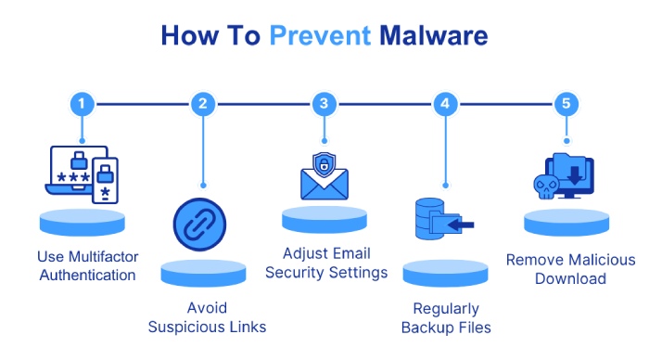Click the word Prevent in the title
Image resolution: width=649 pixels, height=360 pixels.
pyautogui.click(x=320, y=35)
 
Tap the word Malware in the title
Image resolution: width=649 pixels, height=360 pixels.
pyautogui.click(x=434, y=35)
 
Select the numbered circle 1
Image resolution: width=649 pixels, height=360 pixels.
pyautogui.click(x=82, y=104)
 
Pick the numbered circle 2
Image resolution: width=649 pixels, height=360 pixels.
pyautogui.click(x=203, y=104)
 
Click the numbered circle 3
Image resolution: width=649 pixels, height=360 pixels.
pyautogui.click(x=324, y=104)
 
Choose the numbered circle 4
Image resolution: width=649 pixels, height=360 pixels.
pyautogui.click(x=445, y=104)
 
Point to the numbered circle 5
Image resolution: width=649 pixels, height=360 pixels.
pyautogui.click(x=566, y=104)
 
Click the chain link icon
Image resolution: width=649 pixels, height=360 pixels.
pyautogui.click(x=199, y=225)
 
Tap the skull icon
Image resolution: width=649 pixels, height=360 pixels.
pyautogui.click(x=546, y=186)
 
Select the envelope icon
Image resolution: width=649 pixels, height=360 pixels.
pyautogui.click(x=324, y=184)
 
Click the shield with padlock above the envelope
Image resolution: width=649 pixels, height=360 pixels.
pyautogui.click(x=324, y=164)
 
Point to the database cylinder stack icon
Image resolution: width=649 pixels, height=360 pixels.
pyautogui.click(x=429, y=218)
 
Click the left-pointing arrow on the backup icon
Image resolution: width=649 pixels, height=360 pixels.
pyautogui.click(x=461, y=225)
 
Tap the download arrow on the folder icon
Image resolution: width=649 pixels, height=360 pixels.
pyautogui.click(x=575, y=175)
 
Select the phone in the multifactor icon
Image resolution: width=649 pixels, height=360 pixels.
pyautogui.click(x=105, y=180)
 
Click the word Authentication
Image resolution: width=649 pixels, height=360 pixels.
pyautogui.click(x=87, y=275)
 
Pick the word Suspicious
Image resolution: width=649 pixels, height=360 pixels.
pyautogui.click(x=186, y=328)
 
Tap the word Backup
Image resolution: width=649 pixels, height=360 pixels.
pyautogui.click(x=427, y=328)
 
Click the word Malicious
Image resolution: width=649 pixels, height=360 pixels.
pyautogui.click(x=603, y=260)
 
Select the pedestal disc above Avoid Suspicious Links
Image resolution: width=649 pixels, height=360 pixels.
pyautogui.click(x=203, y=273)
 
